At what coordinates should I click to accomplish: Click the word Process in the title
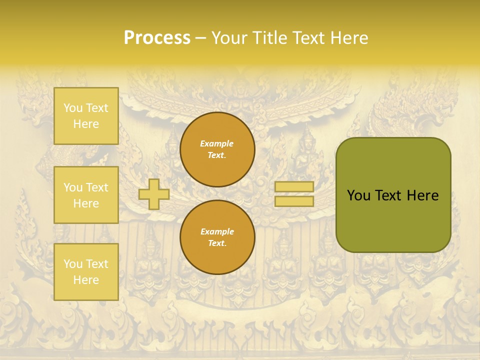tap(157, 38)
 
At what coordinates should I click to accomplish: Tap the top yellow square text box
tap(86, 116)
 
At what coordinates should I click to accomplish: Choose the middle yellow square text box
tap(86, 195)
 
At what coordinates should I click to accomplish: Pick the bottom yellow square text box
tap(86, 272)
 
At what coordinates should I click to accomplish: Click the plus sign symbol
tap(154, 194)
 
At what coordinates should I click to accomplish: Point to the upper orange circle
tap(217, 149)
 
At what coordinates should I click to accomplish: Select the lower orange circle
tap(217, 237)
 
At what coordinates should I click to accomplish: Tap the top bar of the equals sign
tap(294, 186)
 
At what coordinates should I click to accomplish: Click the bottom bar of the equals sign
tap(294, 201)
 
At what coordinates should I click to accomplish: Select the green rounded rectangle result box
tap(393, 195)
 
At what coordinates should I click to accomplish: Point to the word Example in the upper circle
tap(217, 143)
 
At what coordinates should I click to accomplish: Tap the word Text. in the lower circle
tap(217, 243)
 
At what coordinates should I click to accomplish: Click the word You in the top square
tap(73, 108)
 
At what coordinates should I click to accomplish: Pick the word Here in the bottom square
tap(86, 280)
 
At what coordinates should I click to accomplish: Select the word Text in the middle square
tap(96, 187)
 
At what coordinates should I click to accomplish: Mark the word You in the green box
tap(358, 195)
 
